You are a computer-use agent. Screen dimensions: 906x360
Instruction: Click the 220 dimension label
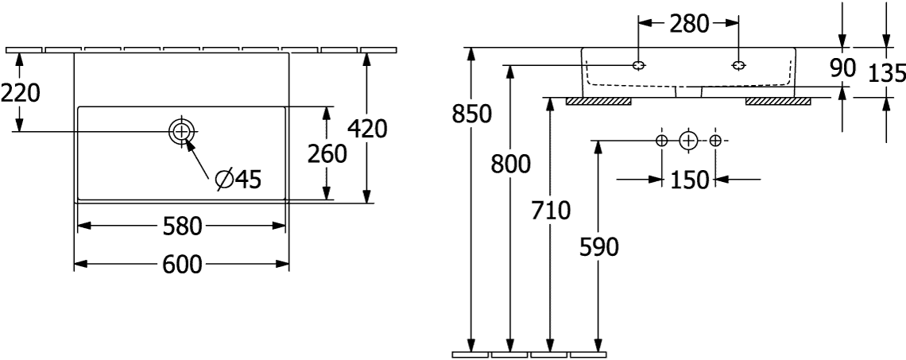pyautogui.click(x=20, y=92)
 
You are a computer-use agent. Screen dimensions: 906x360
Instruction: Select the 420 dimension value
pyautogui.click(x=367, y=129)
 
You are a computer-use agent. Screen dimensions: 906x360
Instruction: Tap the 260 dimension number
pyautogui.click(x=327, y=154)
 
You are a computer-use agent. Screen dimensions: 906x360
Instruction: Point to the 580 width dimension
pyautogui.click(x=181, y=226)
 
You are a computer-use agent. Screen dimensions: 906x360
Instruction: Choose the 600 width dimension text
pyautogui.click(x=182, y=265)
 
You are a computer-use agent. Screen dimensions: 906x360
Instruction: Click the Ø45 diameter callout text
pyautogui.click(x=238, y=180)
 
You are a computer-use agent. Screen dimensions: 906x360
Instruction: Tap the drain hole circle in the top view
pyautogui.click(x=181, y=132)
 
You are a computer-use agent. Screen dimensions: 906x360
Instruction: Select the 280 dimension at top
pyautogui.click(x=689, y=24)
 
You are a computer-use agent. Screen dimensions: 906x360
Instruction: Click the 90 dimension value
pyautogui.click(x=842, y=68)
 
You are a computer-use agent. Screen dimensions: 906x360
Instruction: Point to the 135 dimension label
pyautogui.click(x=888, y=73)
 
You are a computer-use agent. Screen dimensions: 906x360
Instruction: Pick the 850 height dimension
pyautogui.click(x=471, y=114)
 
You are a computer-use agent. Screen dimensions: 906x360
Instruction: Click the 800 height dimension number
pyautogui.click(x=510, y=165)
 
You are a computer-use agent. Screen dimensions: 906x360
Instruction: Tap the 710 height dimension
pyautogui.click(x=551, y=211)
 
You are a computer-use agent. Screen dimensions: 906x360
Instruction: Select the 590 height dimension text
pyautogui.click(x=598, y=247)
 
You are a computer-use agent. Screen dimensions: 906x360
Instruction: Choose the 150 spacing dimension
pyautogui.click(x=689, y=180)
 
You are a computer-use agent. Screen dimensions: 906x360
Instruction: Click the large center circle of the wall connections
pyautogui.click(x=688, y=141)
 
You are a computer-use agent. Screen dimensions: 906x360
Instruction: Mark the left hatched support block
pyautogui.click(x=598, y=102)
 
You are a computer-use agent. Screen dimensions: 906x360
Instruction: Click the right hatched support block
pyautogui.click(x=778, y=102)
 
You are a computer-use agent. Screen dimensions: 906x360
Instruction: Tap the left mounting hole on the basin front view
pyautogui.click(x=638, y=65)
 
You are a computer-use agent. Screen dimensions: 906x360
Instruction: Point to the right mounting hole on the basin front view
pyautogui.click(x=738, y=65)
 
